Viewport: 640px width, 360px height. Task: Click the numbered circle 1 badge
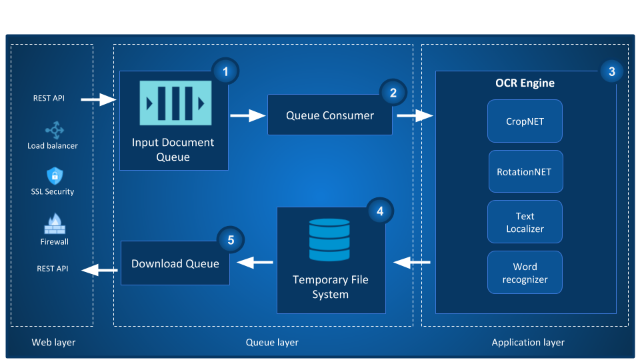tap(225, 71)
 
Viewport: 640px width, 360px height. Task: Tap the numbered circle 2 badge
tap(393, 93)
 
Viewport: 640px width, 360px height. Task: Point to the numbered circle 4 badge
tap(380, 211)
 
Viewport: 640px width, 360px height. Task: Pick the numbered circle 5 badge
tap(231, 241)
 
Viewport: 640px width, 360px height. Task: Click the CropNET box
tap(525, 121)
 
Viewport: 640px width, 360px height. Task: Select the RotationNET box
tap(525, 171)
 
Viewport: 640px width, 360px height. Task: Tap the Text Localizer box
tap(525, 222)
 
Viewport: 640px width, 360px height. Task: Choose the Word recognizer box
tap(525, 273)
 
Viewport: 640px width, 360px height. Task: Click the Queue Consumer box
tap(329, 115)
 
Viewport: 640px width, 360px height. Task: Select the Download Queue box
tap(175, 263)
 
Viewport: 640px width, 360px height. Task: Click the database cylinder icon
tap(329, 240)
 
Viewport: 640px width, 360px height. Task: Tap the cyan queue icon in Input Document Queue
tap(175, 103)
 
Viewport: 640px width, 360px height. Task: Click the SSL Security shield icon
tap(54, 176)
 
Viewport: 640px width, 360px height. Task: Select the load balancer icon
tap(53, 130)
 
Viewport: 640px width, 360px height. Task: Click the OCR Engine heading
tap(525, 83)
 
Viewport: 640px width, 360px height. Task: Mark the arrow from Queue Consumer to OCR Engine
tap(414, 116)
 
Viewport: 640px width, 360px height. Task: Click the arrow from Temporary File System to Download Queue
tap(255, 263)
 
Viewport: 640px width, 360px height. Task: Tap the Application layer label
tap(528, 343)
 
